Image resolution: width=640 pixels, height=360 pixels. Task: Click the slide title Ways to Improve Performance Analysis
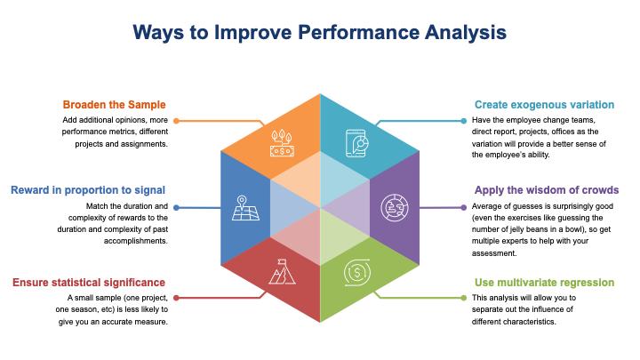[x=320, y=33]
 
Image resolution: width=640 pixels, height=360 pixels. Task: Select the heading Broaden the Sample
[x=115, y=105]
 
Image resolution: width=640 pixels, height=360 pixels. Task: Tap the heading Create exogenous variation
[x=544, y=105]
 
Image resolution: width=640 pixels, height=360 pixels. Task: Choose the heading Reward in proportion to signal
[x=88, y=190]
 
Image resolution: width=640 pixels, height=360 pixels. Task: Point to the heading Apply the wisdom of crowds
[x=547, y=190]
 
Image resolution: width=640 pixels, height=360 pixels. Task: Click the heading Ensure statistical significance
[x=89, y=283]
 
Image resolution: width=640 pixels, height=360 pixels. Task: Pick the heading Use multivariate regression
[x=544, y=283]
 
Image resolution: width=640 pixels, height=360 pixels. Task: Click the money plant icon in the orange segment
[x=282, y=143]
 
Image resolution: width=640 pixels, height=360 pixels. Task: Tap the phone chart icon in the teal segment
[x=357, y=143]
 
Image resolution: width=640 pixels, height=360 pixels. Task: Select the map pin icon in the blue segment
[x=245, y=208]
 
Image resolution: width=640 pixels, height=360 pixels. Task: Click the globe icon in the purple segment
[x=395, y=208]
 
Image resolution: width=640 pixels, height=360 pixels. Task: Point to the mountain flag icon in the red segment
[x=282, y=272]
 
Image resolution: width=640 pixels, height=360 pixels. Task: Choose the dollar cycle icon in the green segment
[x=357, y=272]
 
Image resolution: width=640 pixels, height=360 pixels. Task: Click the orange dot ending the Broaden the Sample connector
[x=176, y=121]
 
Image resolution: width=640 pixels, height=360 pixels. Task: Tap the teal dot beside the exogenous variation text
[x=464, y=121]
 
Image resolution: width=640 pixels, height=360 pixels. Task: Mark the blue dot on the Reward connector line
[x=176, y=208]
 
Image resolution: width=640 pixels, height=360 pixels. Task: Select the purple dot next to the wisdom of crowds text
[x=464, y=208]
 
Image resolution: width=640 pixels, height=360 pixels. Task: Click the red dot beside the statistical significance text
[x=176, y=298]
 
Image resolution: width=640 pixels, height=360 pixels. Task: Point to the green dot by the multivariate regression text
[x=464, y=298]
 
